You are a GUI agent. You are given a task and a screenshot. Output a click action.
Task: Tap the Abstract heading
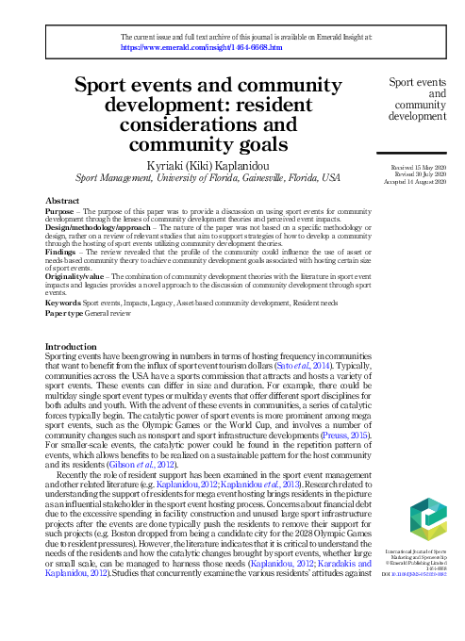(62, 201)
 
